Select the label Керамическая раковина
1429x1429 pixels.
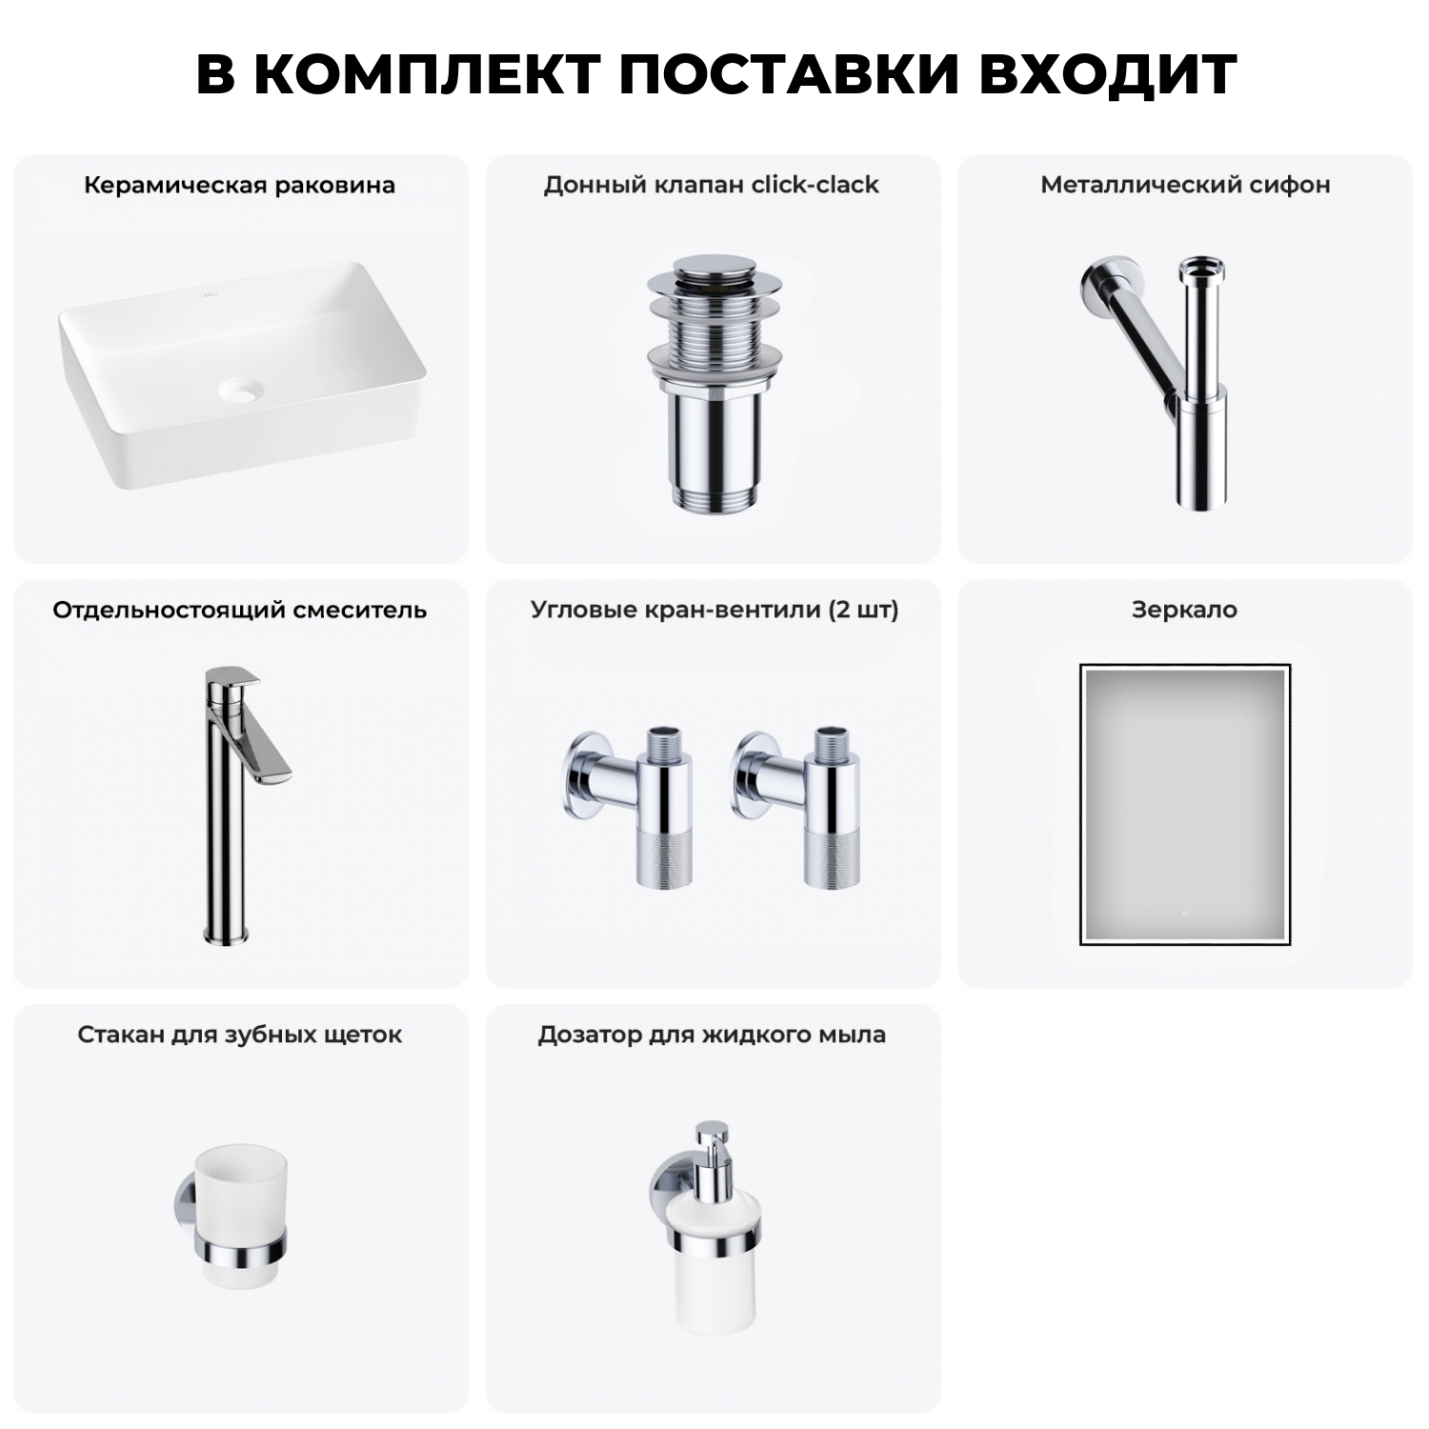(x=239, y=185)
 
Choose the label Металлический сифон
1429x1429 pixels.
(x=1185, y=185)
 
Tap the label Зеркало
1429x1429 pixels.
(x=1184, y=610)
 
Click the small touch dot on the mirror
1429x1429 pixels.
(x=1184, y=914)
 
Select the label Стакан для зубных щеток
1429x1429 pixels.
(x=239, y=1035)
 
